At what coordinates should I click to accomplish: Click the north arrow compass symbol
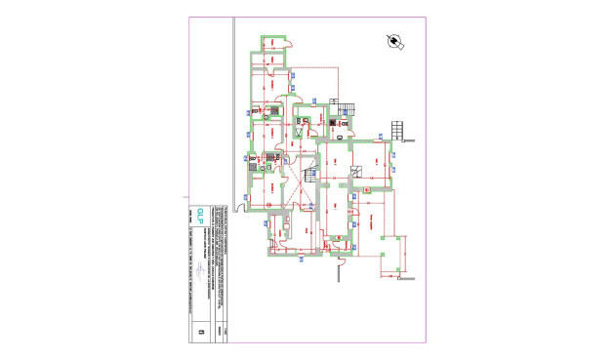(394, 42)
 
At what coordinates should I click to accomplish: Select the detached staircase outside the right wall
(397, 129)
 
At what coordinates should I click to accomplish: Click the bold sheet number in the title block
(200, 331)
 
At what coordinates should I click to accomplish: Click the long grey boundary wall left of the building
(232, 107)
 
